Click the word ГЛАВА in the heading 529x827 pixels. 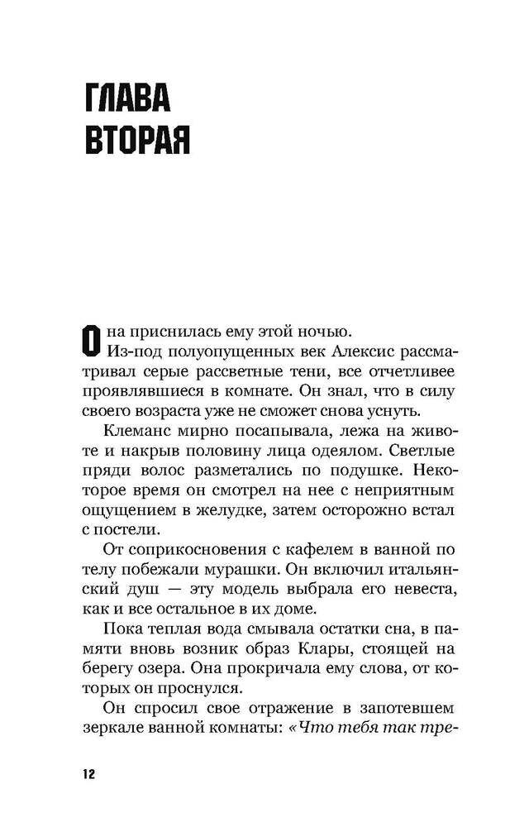127,100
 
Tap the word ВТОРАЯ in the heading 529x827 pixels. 137,141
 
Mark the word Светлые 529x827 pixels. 419,453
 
